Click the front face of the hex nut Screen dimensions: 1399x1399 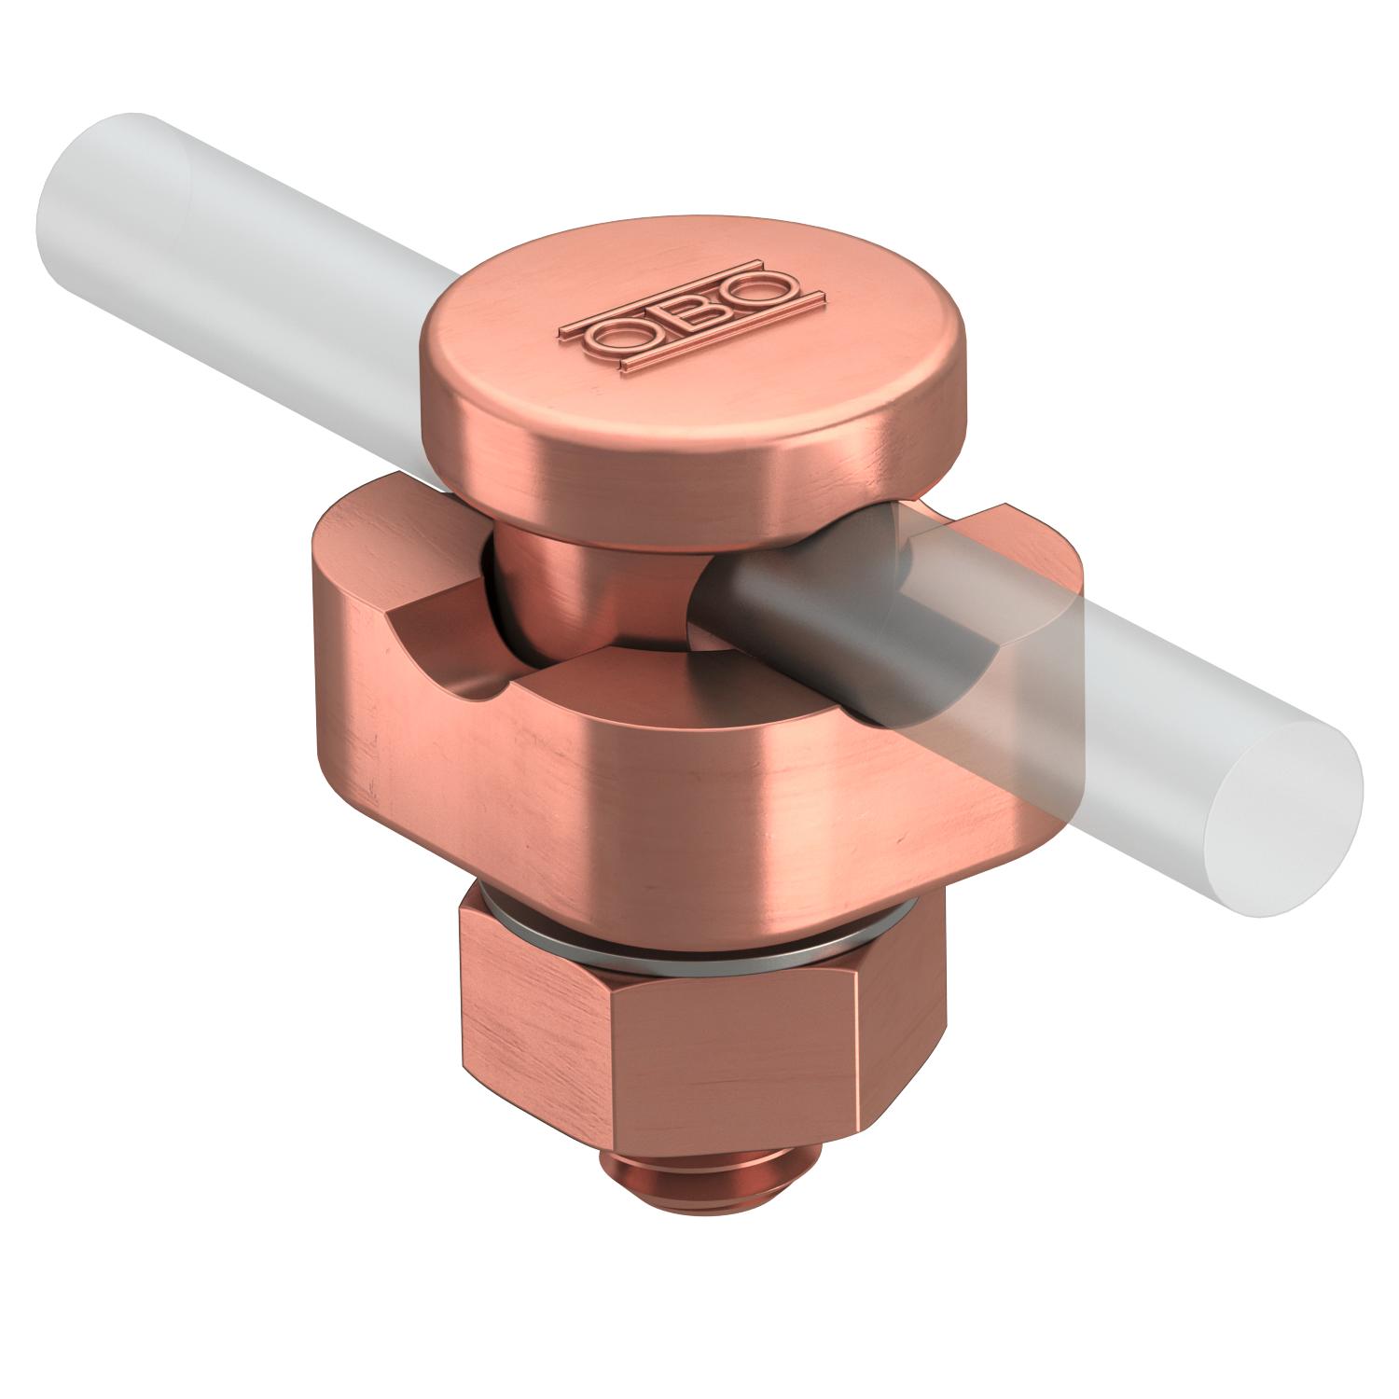tap(746, 1073)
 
